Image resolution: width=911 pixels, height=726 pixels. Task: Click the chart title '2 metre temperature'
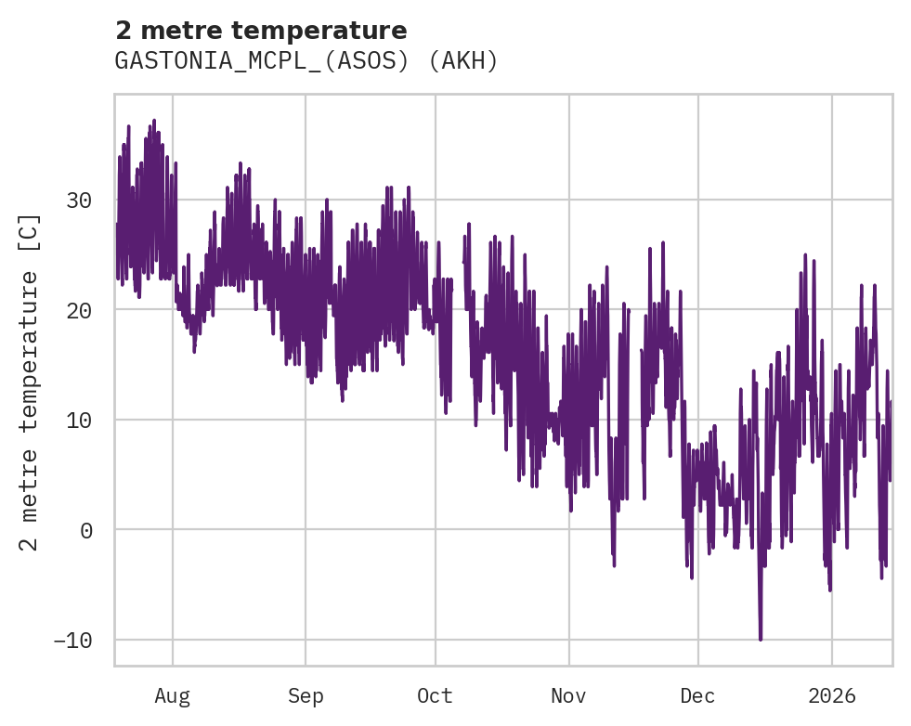click(261, 31)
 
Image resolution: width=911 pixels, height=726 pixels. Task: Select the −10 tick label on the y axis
click(73, 641)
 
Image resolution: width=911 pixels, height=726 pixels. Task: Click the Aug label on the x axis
click(172, 696)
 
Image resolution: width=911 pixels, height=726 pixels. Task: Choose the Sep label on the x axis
click(305, 696)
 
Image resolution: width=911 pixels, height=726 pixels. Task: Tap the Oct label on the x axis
click(435, 696)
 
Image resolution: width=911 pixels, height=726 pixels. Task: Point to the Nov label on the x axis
click(568, 696)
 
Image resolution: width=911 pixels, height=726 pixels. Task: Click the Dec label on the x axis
click(697, 696)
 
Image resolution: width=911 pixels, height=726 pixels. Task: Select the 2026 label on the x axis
click(831, 696)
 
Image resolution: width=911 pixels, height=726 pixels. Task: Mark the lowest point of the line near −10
click(761, 640)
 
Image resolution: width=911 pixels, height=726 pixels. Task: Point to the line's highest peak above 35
click(154, 121)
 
